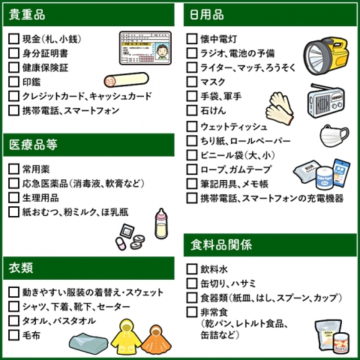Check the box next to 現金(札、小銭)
[13, 39]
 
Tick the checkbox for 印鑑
[13, 82]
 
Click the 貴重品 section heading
[27, 14]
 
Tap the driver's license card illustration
[145, 48]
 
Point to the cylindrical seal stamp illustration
[126, 79]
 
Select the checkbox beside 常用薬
[13, 169]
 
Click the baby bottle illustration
[161, 223]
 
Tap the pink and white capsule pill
[121, 244]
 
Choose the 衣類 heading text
[21, 268]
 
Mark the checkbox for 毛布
[13, 335]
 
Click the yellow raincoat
[126, 337]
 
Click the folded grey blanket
[88, 343]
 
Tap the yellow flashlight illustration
[326, 55]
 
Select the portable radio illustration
[325, 100]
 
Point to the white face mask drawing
[334, 135]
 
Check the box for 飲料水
[192, 269]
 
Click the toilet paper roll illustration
[325, 178]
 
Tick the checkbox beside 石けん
[192, 110]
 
